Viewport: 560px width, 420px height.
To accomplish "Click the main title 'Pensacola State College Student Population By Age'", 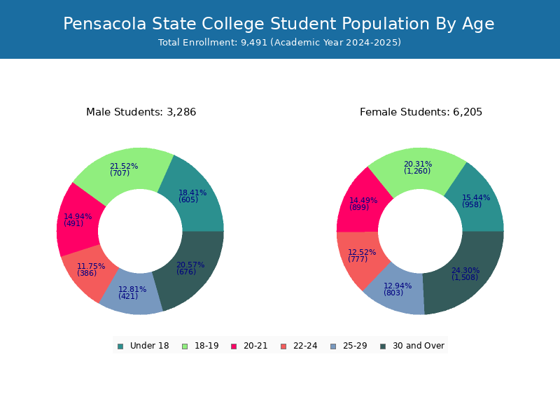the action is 279,24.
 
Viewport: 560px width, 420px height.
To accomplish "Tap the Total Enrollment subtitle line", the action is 279,43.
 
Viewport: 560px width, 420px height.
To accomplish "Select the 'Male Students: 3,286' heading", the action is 141,112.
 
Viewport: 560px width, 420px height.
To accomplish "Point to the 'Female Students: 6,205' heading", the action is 421,112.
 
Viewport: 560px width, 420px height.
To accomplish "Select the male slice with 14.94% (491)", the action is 77,220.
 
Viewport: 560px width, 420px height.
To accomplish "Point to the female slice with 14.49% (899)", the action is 360,204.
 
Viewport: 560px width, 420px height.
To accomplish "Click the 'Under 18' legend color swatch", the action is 120,346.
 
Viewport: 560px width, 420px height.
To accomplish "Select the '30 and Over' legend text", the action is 419,346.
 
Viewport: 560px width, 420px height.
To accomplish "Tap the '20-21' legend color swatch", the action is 234,346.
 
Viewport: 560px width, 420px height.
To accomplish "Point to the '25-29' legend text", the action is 355,346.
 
